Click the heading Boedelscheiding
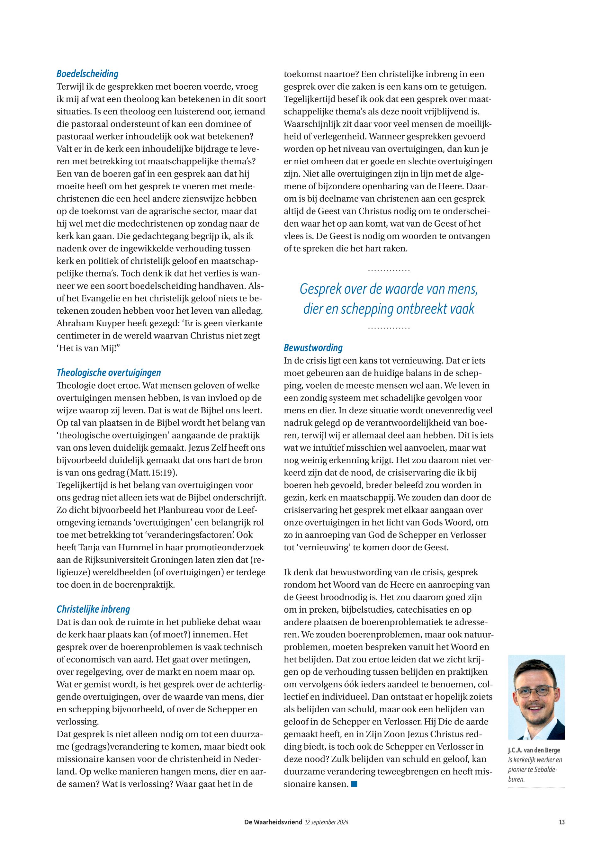pyautogui.click(x=87, y=74)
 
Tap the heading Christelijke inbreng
pyautogui.click(x=93, y=609)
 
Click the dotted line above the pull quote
pyautogui.click(x=389, y=270)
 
